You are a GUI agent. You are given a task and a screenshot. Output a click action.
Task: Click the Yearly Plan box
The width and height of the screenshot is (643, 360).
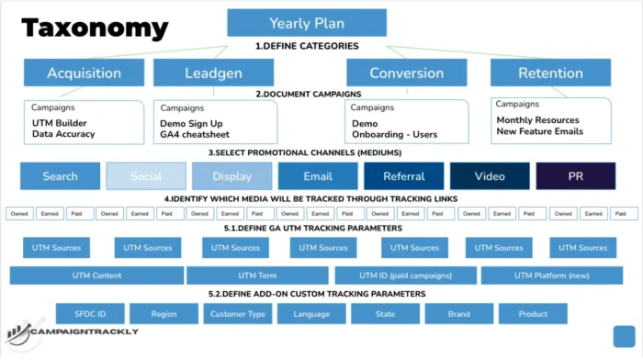click(301, 23)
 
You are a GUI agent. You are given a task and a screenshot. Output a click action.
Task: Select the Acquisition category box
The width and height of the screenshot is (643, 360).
click(84, 73)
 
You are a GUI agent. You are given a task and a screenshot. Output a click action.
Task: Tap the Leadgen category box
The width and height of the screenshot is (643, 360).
click(213, 73)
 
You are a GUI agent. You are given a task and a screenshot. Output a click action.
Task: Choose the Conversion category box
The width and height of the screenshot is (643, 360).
click(406, 73)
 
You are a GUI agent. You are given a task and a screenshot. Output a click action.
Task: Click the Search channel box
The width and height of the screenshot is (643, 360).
click(60, 175)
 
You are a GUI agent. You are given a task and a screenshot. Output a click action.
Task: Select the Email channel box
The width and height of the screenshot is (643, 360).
click(318, 175)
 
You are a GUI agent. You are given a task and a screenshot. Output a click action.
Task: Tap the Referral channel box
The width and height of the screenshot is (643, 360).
click(403, 175)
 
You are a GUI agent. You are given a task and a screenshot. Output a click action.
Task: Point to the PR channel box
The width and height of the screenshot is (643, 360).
click(575, 175)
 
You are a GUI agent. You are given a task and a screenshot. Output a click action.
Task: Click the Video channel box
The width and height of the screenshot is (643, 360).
click(490, 175)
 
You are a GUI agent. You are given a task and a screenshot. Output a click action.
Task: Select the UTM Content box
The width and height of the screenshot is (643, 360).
click(96, 276)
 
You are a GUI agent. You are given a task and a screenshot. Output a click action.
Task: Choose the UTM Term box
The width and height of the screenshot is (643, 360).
click(257, 276)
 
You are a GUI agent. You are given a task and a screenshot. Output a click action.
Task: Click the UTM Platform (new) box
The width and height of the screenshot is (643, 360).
click(552, 276)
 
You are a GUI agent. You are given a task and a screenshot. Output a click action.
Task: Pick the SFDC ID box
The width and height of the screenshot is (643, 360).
click(90, 314)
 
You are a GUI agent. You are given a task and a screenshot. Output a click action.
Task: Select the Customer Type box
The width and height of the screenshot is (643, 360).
click(237, 314)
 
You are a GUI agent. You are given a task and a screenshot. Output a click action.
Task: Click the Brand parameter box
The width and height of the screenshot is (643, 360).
click(459, 314)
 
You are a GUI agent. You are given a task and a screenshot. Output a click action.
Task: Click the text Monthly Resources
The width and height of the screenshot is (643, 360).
click(538, 120)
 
